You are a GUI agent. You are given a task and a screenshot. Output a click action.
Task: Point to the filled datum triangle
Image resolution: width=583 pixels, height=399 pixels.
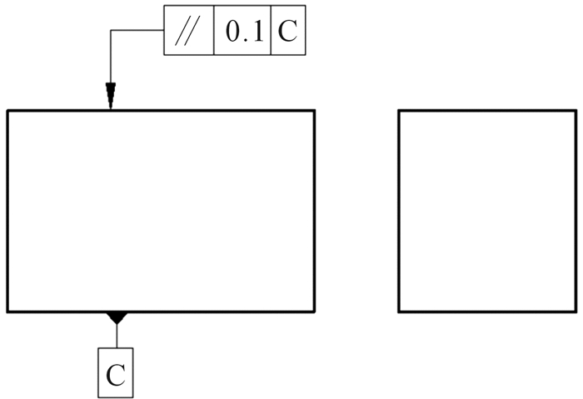(117, 317)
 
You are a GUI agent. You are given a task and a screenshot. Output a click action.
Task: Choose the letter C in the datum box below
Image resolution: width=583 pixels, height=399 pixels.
(116, 375)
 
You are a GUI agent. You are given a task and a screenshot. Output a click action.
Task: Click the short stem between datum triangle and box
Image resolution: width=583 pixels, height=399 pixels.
(117, 335)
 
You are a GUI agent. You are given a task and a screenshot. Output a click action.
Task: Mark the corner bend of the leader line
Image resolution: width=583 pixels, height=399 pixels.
(110, 31)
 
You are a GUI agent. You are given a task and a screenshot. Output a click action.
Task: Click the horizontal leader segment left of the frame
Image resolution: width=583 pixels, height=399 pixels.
(137, 31)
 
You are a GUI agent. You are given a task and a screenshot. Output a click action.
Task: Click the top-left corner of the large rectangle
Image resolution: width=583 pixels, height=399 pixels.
(7, 110)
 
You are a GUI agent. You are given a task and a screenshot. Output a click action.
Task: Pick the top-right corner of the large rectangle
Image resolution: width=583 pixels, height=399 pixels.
(315, 110)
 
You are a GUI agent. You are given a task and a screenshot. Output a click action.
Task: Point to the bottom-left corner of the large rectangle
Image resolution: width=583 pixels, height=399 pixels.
(7, 312)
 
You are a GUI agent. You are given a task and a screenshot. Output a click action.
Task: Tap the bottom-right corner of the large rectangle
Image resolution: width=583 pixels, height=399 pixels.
(315, 312)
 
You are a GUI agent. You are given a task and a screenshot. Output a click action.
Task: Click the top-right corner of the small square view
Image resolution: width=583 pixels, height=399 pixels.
(575, 110)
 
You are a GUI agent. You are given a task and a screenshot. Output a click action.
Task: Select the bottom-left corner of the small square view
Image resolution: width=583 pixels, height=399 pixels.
(399, 312)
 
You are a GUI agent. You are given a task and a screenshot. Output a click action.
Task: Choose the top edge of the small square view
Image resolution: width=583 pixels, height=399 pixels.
(486, 110)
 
